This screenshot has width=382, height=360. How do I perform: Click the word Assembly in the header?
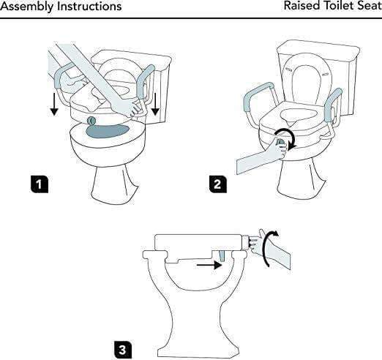pyautogui.click(x=26, y=7)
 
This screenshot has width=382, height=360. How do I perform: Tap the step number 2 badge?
pyautogui.click(x=217, y=184)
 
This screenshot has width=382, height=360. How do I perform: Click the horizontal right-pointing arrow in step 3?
pyautogui.click(x=211, y=266)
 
